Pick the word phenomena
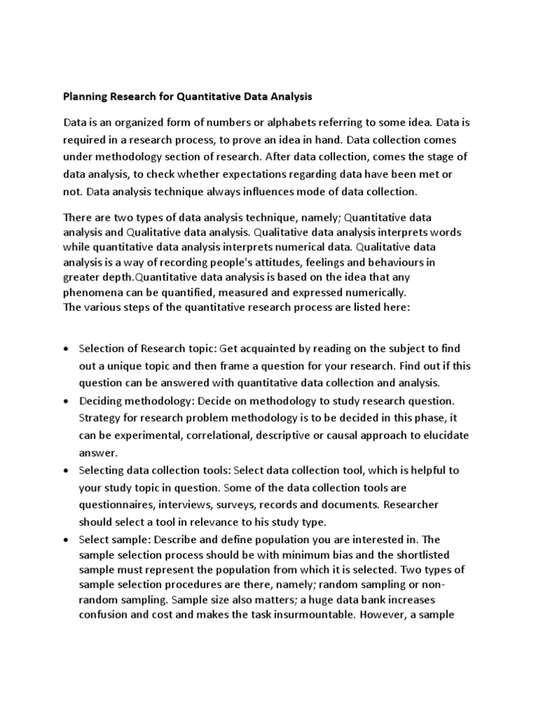click(94, 292)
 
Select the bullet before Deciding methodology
click(66, 401)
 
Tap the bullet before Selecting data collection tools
click(66, 471)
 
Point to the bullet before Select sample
click(66, 540)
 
